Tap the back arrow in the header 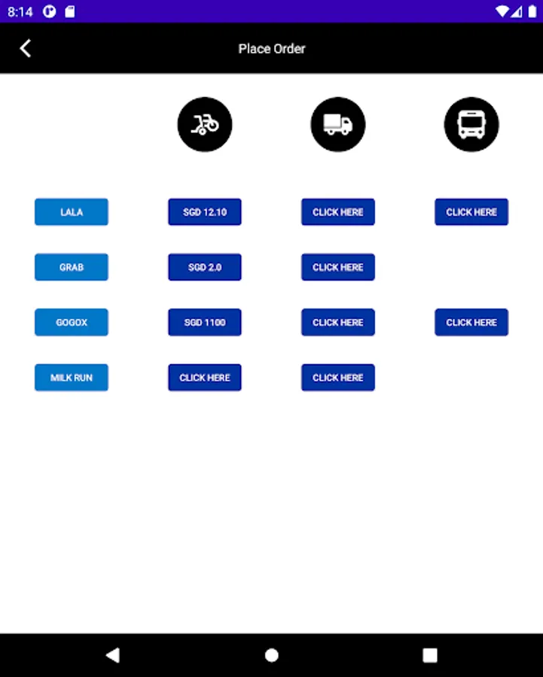tap(26, 49)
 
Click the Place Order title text tap(272, 49)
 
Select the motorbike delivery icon tap(205, 124)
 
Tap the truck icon tap(338, 124)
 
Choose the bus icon tap(471, 124)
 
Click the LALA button tap(72, 212)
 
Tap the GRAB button tap(72, 267)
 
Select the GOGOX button tap(72, 323)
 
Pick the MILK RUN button tap(72, 378)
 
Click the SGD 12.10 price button tap(205, 212)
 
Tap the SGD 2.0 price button tap(205, 267)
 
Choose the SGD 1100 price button tap(205, 323)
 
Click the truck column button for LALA tap(338, 212)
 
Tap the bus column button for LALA tap(471, 212)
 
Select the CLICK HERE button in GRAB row tap(338, 267)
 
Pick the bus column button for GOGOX tap(471, 323)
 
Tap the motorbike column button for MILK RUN tap(205, 378)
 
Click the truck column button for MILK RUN tap(338, 378)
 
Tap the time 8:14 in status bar tap(20, 11)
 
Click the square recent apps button tap(430, 655)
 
